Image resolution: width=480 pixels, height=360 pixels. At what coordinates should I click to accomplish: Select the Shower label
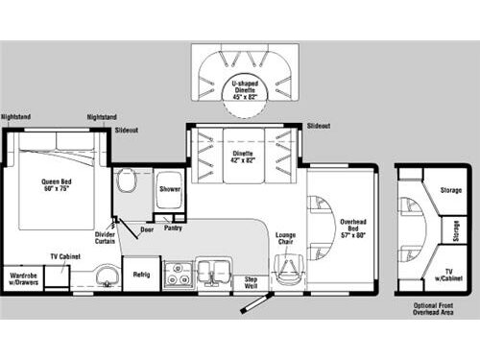coord(170,189)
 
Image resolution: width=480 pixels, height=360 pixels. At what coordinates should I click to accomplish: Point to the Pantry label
coord(173,228)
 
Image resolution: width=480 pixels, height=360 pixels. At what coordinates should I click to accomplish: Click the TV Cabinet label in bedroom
coord(63,257)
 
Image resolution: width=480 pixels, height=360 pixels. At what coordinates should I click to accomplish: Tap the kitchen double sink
coord(212,273)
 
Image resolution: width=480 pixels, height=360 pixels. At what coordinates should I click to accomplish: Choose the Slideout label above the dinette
coord(319,126)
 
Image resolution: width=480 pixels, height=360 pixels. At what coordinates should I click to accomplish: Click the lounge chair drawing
coord(286,269)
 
